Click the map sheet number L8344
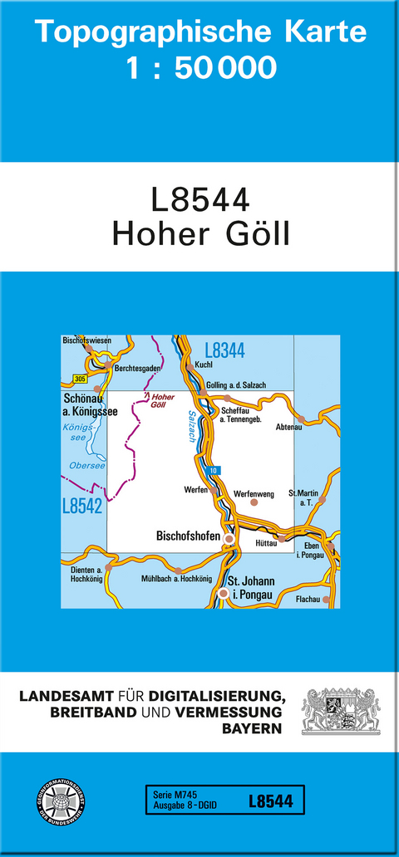[x=224, y=350]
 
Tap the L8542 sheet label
[x=82, y=505]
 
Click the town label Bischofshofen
[x=189, y=537]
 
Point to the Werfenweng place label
[x=254, y=492]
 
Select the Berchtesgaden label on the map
[x=137, y=368]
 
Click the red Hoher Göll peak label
[x=164, y=401]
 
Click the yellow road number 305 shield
[x=79, y=379]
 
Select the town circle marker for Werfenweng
[x=255, y=502]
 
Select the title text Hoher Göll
[x=200, y=232]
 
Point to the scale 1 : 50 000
[x=200, y=68]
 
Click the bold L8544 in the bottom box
[x=270, y=801]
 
